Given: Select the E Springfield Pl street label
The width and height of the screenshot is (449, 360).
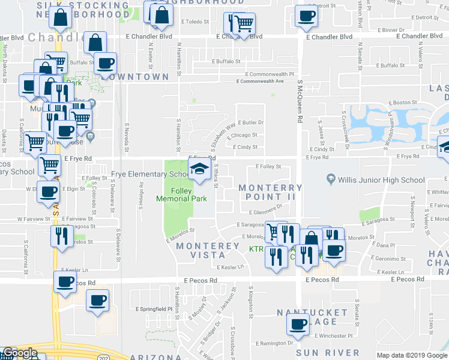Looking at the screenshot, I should (155, 309).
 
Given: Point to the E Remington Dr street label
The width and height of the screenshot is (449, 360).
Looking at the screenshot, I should (274, 343).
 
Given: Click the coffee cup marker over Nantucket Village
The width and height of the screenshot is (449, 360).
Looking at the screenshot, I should (297, 326).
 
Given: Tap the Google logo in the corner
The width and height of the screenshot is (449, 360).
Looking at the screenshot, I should (19, 353).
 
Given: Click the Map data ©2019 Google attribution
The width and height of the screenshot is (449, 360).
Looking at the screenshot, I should (411, 355).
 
